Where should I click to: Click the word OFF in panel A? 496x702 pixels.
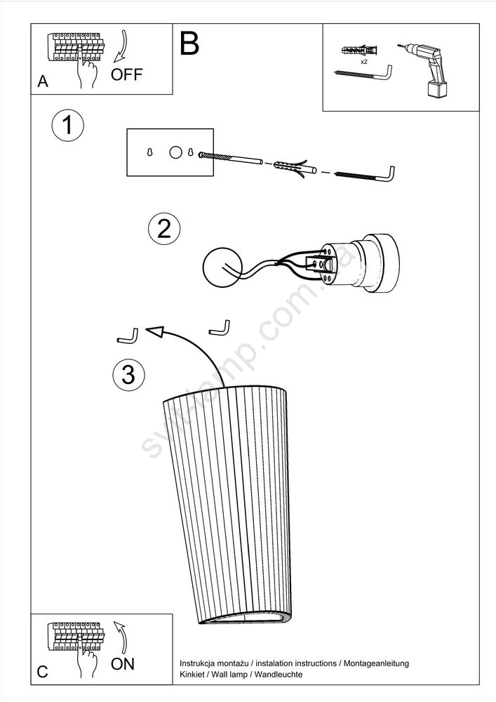tap(126, 74)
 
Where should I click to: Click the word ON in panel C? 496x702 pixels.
tap(123, 663)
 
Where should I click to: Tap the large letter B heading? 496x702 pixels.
tap(189, 44)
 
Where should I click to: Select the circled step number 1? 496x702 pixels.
tap(67, 125)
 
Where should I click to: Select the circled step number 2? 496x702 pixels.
tap(164, 228)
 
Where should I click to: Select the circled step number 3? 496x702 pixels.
tap(129, 374)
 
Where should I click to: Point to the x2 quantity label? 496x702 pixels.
tap(363, 62)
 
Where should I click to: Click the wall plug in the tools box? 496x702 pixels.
tap(359, 50)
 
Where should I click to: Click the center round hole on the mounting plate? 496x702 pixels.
tap(176, 152)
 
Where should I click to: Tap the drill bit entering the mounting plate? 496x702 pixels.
tap(230, 157)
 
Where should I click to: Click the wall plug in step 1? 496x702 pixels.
tap(295, 168)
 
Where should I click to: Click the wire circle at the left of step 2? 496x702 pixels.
tap(222, 267)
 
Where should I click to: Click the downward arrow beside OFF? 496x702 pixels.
tap(120, 46)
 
